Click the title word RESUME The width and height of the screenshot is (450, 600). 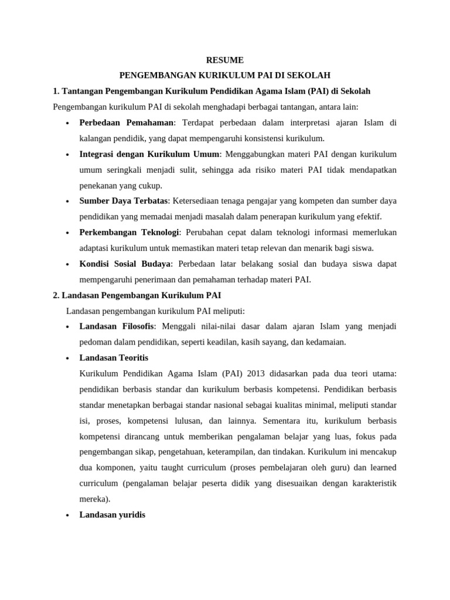[x=225, y=60]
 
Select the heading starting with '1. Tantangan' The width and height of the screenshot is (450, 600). [x=211, y=91]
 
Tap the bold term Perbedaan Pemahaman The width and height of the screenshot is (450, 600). [x=127, y=123]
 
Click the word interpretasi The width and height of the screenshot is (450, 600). [x=289, y=123]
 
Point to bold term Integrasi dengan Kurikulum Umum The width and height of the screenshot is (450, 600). [x=149, y=154]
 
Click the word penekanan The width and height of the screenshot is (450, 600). [x=98, y=186]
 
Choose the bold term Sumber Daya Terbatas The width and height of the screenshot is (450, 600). [x=123, y=201]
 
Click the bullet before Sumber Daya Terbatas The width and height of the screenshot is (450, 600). [x=69, y=202]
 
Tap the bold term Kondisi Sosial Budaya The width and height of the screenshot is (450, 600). [x=125, y=264]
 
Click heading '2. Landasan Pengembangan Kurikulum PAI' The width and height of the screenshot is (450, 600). [x=137, y=295]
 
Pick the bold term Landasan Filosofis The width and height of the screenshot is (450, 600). [x=117, y=326]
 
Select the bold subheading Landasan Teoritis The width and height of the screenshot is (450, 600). [x=114, y=357]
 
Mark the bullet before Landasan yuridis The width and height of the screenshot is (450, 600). [x=69, y=516]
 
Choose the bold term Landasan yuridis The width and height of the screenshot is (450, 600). [x=112, y=515]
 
